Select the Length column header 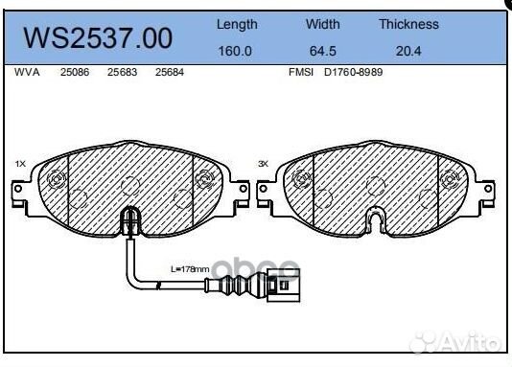(237, 24)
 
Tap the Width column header (323, 24)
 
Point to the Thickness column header (408, 24)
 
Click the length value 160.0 (236, 52)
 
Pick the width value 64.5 (323, 52)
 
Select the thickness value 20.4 (408, 52)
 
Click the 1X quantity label (20, 164)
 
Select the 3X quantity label (264, 164)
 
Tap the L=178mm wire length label (189, 271)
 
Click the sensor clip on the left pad (128, 226)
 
